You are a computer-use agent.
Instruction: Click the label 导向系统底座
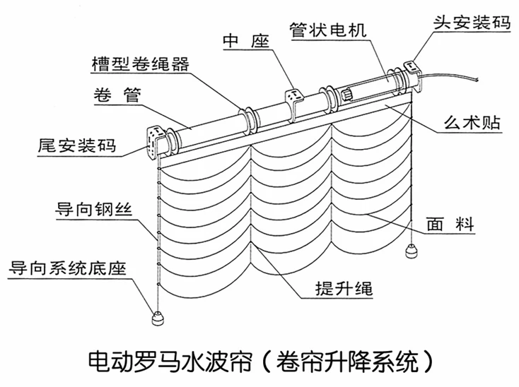pos(67,268)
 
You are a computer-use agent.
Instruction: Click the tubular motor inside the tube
pos(368,85)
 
